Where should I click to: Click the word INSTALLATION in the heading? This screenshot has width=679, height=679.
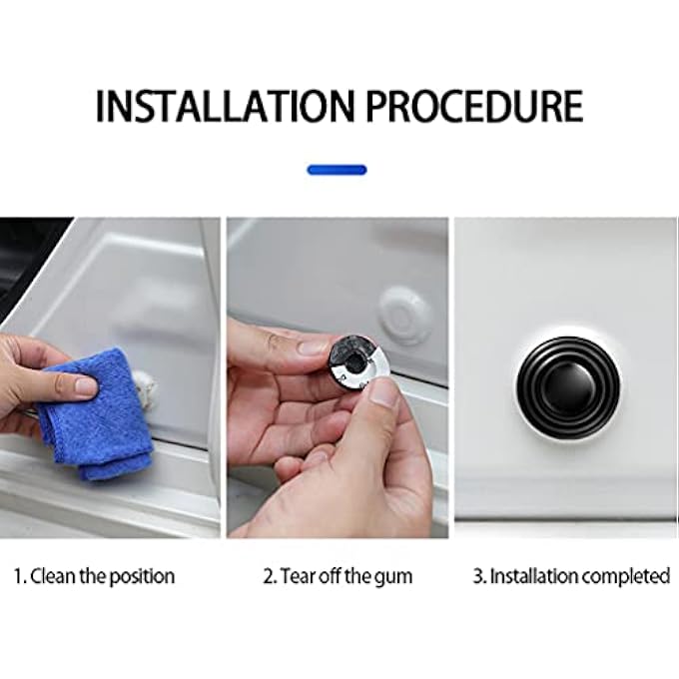225,106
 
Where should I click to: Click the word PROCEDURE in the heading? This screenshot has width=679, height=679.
474,106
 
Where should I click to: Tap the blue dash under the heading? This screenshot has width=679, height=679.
337,170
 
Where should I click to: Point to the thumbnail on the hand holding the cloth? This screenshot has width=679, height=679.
85,386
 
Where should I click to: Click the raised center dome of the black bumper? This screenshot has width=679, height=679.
568,385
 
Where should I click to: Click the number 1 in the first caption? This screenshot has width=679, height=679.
18,576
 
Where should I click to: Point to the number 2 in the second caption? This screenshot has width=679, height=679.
269,576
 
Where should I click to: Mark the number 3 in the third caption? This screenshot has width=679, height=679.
478,576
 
